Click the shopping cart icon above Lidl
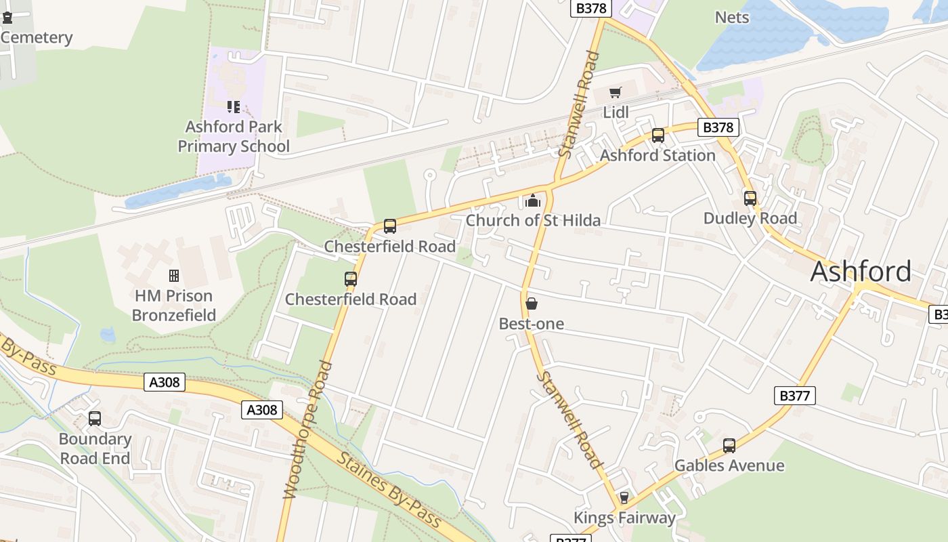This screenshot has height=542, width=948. [x=615, y=93]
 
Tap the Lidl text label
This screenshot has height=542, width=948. [x=616, y=112]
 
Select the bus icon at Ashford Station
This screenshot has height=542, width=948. [x=658, y=135]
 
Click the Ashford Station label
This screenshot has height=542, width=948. [x=658, y=155]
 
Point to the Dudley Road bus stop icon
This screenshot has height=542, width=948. [x=750, y=199]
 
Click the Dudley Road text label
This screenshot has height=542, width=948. [x=750, y=218]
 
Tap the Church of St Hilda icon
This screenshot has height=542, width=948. [x=533, y=201]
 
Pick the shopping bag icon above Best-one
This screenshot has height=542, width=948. [x=532, y=304]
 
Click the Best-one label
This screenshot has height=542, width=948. [x=532, y=324]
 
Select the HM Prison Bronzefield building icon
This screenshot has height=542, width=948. [x=174, y=276]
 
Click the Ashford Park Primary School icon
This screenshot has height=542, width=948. [x=234, y=107]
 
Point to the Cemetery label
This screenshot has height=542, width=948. [x=37, y=38]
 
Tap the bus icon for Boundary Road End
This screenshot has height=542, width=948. [x=95, y=419]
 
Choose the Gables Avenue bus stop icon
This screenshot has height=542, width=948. [x=729, y=446]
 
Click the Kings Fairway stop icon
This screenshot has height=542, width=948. [x=624, y=498]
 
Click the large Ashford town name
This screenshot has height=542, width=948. [x=861, y=272]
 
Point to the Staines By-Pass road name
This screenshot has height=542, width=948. [x=388, y=491]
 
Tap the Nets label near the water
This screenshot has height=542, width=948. [x=732, y=17]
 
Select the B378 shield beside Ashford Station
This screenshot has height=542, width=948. [x=718, y=127]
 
